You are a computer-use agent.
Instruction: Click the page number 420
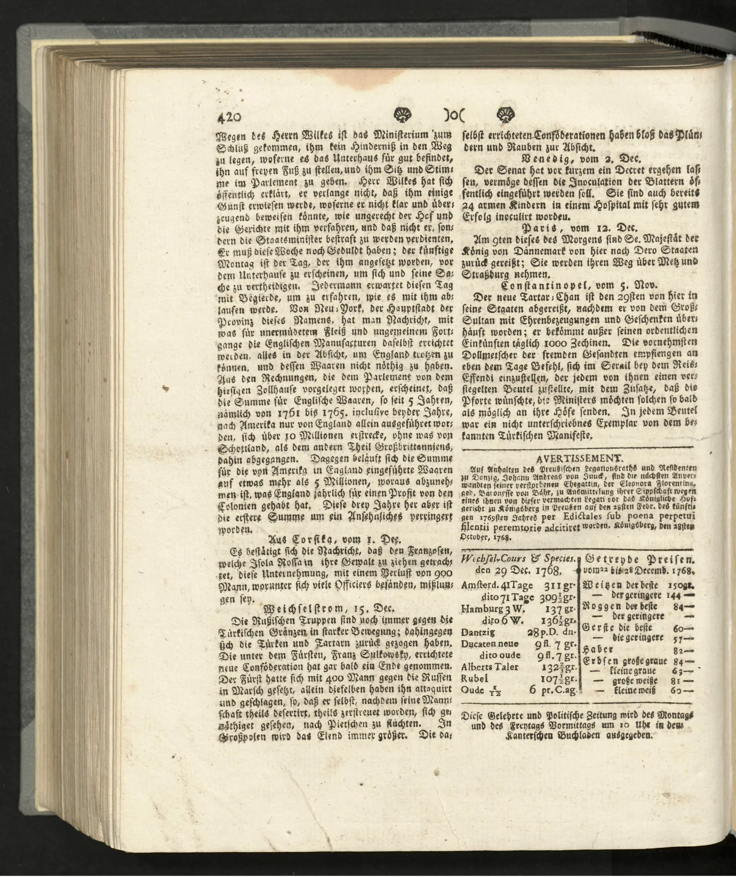(229, 117)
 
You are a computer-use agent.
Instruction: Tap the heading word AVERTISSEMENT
(579, 457)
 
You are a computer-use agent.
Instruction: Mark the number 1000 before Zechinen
(559, 343)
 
